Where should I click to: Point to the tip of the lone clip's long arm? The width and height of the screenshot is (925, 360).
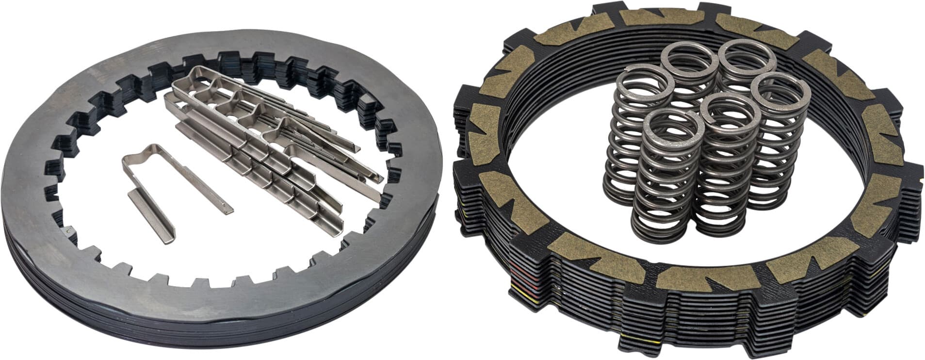tap(228, 210)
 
